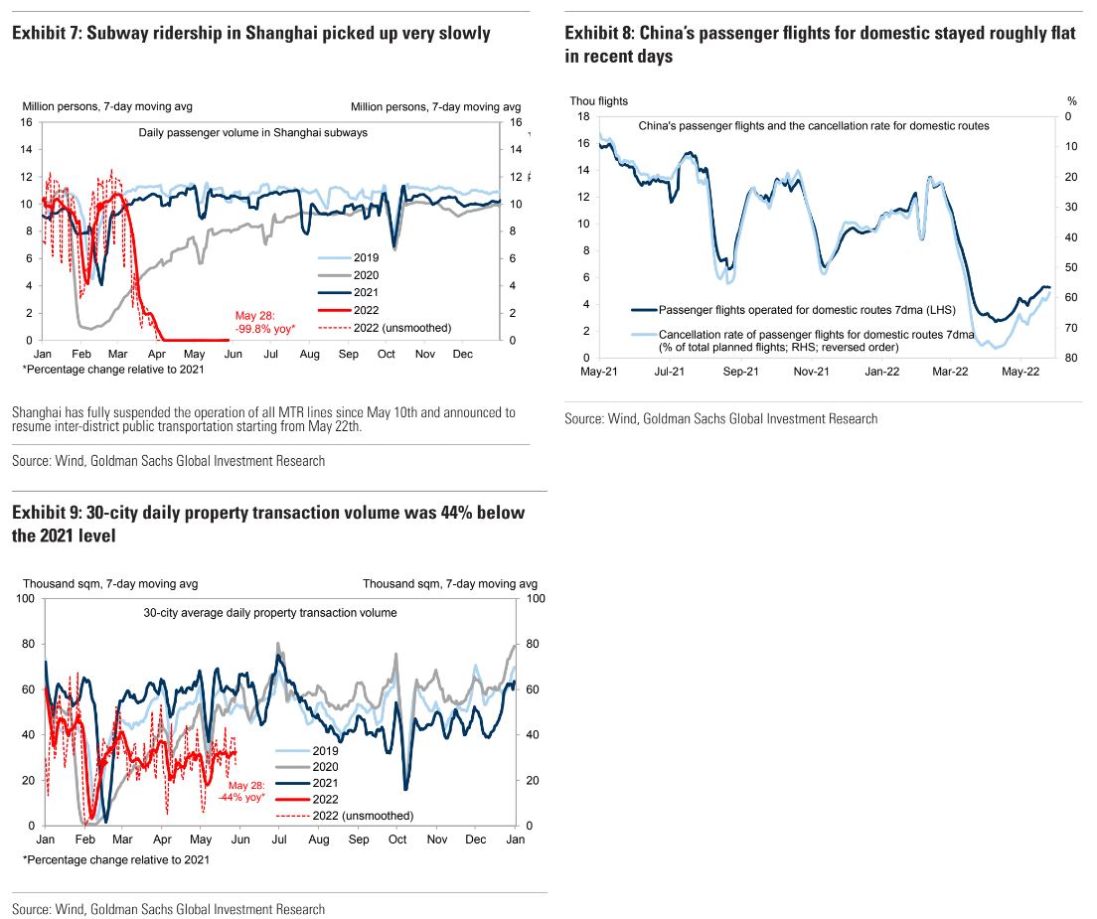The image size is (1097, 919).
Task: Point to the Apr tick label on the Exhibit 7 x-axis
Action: click(x=157, y=354)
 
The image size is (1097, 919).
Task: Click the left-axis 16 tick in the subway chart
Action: click(x=27, y=122)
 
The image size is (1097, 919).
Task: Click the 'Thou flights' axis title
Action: click(x=598, y=100)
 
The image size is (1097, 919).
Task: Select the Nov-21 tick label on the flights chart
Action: click(x=811, y=372)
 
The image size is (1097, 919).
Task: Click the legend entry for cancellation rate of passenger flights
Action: click(x=815, y=341)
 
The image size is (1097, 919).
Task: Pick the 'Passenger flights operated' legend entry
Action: click(x=806, y=309)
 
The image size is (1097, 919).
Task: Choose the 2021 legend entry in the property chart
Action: click(x=324, y=783)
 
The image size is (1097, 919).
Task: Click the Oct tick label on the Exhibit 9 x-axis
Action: click(x=397, y=840)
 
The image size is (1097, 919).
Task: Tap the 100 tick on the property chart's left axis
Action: click(x=24, y=598)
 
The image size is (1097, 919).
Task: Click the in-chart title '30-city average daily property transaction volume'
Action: click(x=269, y=613)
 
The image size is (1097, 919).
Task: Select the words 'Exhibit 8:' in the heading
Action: click(x=598, y=34)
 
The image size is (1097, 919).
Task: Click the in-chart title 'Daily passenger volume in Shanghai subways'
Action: click(x=252, y=132)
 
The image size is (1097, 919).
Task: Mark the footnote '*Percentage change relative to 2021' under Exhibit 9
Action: click(x=115, y=859)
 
